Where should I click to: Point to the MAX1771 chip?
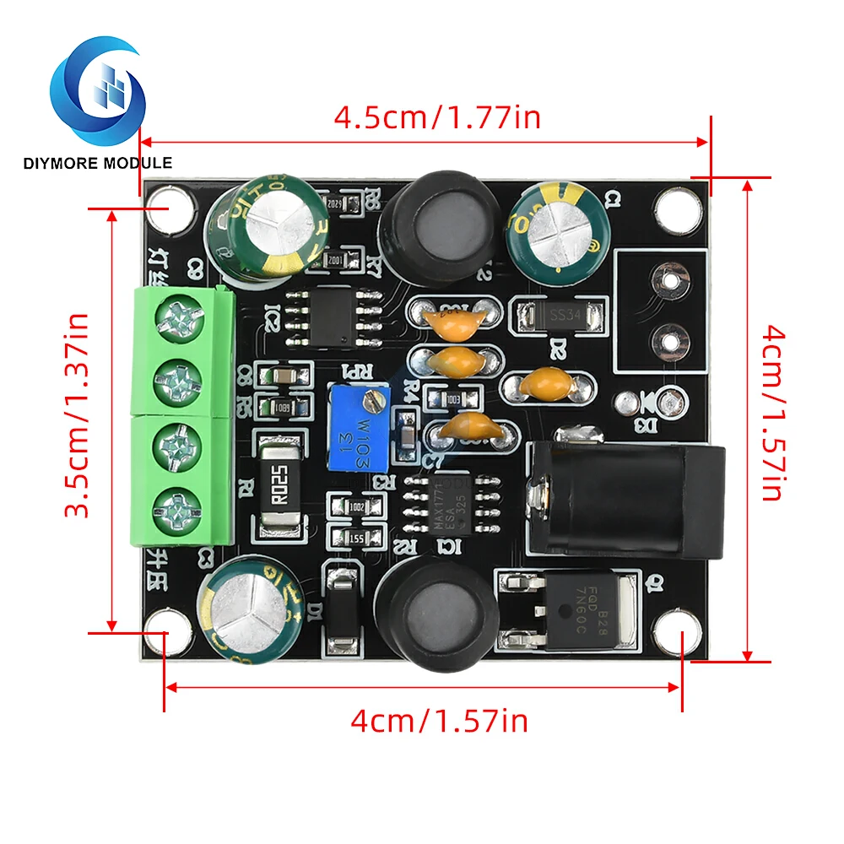447,504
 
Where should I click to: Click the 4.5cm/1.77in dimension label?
437,117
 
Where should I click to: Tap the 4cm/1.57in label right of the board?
772,414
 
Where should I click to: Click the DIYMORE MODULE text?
98,162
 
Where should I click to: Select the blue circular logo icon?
98,89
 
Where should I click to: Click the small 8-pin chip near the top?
332,318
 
